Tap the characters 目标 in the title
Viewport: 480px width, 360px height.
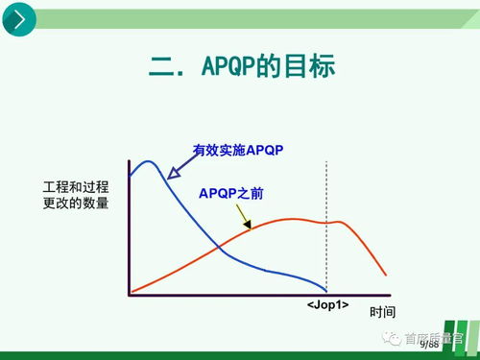[310, 66]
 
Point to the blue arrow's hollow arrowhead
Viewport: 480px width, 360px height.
[173, 174]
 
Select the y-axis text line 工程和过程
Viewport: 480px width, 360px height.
[76, 185]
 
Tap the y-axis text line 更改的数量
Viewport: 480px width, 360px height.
[76, 203]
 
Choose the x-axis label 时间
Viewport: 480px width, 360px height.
[383, 312]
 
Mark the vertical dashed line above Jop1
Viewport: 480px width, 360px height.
[327, 221]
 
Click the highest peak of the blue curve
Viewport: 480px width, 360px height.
[146, 161]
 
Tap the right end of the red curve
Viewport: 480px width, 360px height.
[387, 273]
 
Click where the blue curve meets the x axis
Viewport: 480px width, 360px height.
[326, 292]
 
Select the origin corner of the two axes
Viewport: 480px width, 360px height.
[128, 293]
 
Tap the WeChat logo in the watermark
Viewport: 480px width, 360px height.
[393, 338]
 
